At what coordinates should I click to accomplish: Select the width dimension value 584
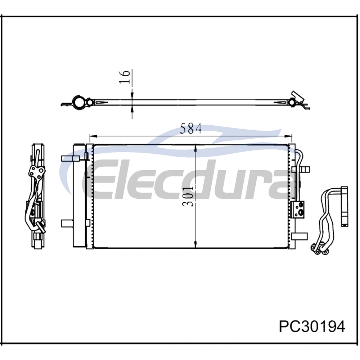tap(191, 129)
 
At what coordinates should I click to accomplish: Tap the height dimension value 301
tap(188, 196)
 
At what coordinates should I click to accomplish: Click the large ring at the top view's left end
tap(78, 102)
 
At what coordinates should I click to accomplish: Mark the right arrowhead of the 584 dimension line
tap(288, 136)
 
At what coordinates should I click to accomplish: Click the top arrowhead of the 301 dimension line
tap(195, 148)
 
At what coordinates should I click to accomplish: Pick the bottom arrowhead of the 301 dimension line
tap(195, 244)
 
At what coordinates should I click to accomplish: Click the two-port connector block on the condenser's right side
tap(298, 210)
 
